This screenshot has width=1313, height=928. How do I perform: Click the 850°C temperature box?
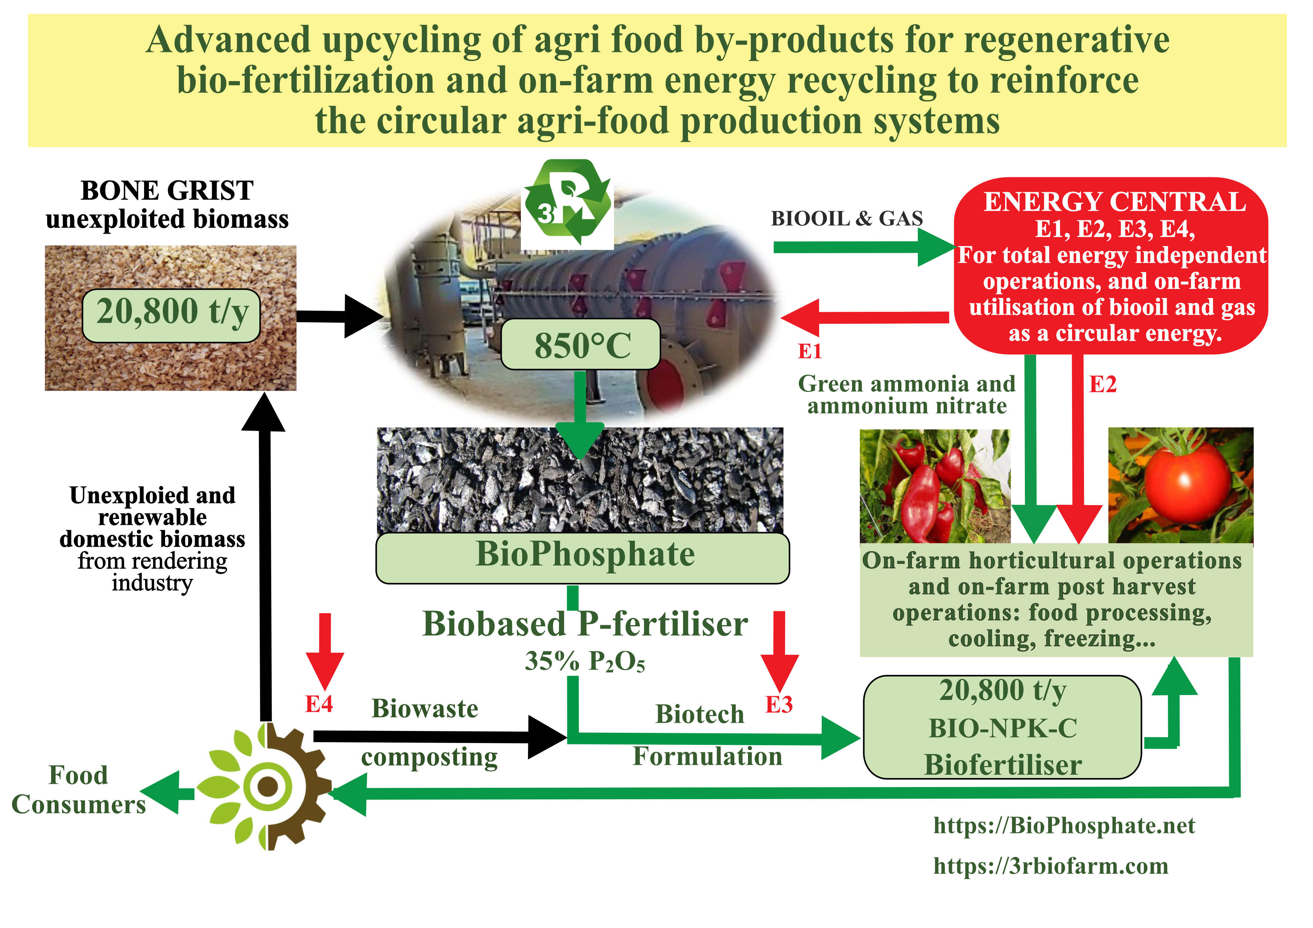click(x=580, y=345)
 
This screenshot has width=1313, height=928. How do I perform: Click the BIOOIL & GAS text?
click(x=846, y=219)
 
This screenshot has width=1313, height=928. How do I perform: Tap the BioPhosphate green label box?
click(x=582, y=557)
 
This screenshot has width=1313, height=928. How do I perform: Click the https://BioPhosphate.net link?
click(x=1064, y=826)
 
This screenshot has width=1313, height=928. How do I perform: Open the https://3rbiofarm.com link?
click(x=1051, y=866)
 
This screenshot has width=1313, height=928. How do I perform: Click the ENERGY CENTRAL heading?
click(x=1114, y=202)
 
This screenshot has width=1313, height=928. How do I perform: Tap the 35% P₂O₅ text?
click(x=584, y=662)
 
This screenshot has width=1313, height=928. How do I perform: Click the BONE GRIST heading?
click(x=167, y=191)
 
